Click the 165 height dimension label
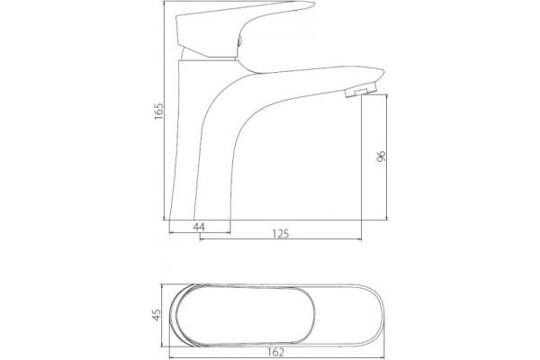click(x=158, y=111)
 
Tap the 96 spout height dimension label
click(x=382, y=156)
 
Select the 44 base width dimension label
click(x=199, y=227)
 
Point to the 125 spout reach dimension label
click(x=281, y=234)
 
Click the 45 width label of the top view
click(x=157, y=315)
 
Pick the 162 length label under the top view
click(x=276, y=352)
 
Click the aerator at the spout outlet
click(x=360, y=91)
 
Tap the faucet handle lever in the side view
click(x=241, y=30)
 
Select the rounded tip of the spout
click(x=381, y=74)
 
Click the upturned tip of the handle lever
click(x=311, y=4)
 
